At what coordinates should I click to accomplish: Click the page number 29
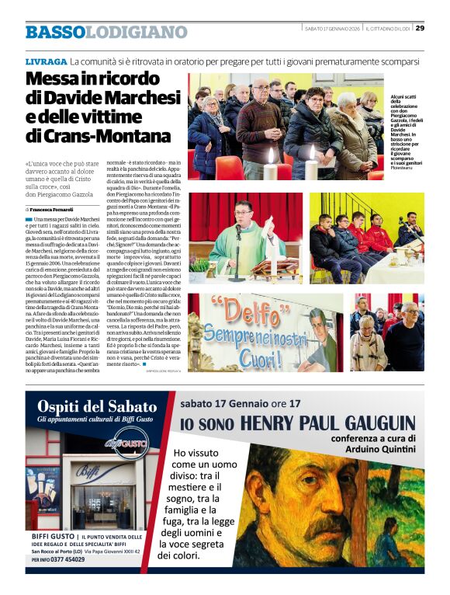point(420,28)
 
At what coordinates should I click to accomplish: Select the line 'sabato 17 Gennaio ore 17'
point(241,403)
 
